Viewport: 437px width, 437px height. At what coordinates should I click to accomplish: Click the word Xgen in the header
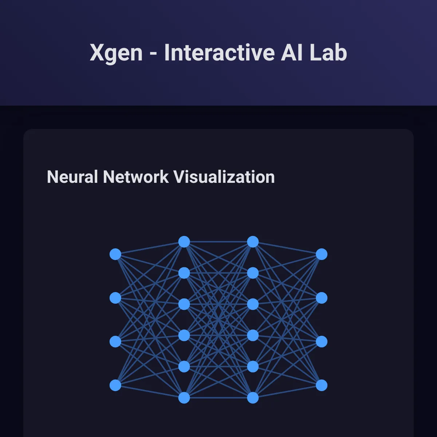pos(116,53)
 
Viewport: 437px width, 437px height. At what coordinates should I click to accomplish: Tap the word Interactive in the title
pos(219,52)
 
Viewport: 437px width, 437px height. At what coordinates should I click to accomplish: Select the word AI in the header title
pos(292,52)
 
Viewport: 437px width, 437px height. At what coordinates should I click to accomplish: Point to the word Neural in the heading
pos(72,177)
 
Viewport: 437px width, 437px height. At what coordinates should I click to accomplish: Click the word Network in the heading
pos(135,177)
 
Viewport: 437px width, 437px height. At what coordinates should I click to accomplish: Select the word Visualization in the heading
pos(224,177)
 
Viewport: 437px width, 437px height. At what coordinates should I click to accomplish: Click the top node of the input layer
pos(115,254)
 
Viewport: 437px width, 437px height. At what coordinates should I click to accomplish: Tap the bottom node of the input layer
pos(115,385)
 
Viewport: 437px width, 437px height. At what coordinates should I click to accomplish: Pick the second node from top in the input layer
pos(115,298)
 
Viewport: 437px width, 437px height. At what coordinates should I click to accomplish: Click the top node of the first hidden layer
pos(184,242)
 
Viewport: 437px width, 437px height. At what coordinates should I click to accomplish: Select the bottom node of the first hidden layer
pos(184,398)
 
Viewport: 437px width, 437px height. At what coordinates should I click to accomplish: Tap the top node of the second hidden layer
pos(253,242)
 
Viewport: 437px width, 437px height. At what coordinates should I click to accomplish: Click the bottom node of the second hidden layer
pos(253,398)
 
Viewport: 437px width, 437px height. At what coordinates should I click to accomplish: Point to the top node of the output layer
pos(322,254)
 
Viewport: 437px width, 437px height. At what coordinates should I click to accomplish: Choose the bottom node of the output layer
pos(322,385)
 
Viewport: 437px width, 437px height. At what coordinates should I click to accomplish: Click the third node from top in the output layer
pos(322,342)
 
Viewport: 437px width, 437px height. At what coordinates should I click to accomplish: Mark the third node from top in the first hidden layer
pos(184,304)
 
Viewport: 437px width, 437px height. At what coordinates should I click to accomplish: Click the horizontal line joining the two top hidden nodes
pos(219,242)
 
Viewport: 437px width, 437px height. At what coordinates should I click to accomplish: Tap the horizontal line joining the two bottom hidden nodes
pos(219,398)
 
